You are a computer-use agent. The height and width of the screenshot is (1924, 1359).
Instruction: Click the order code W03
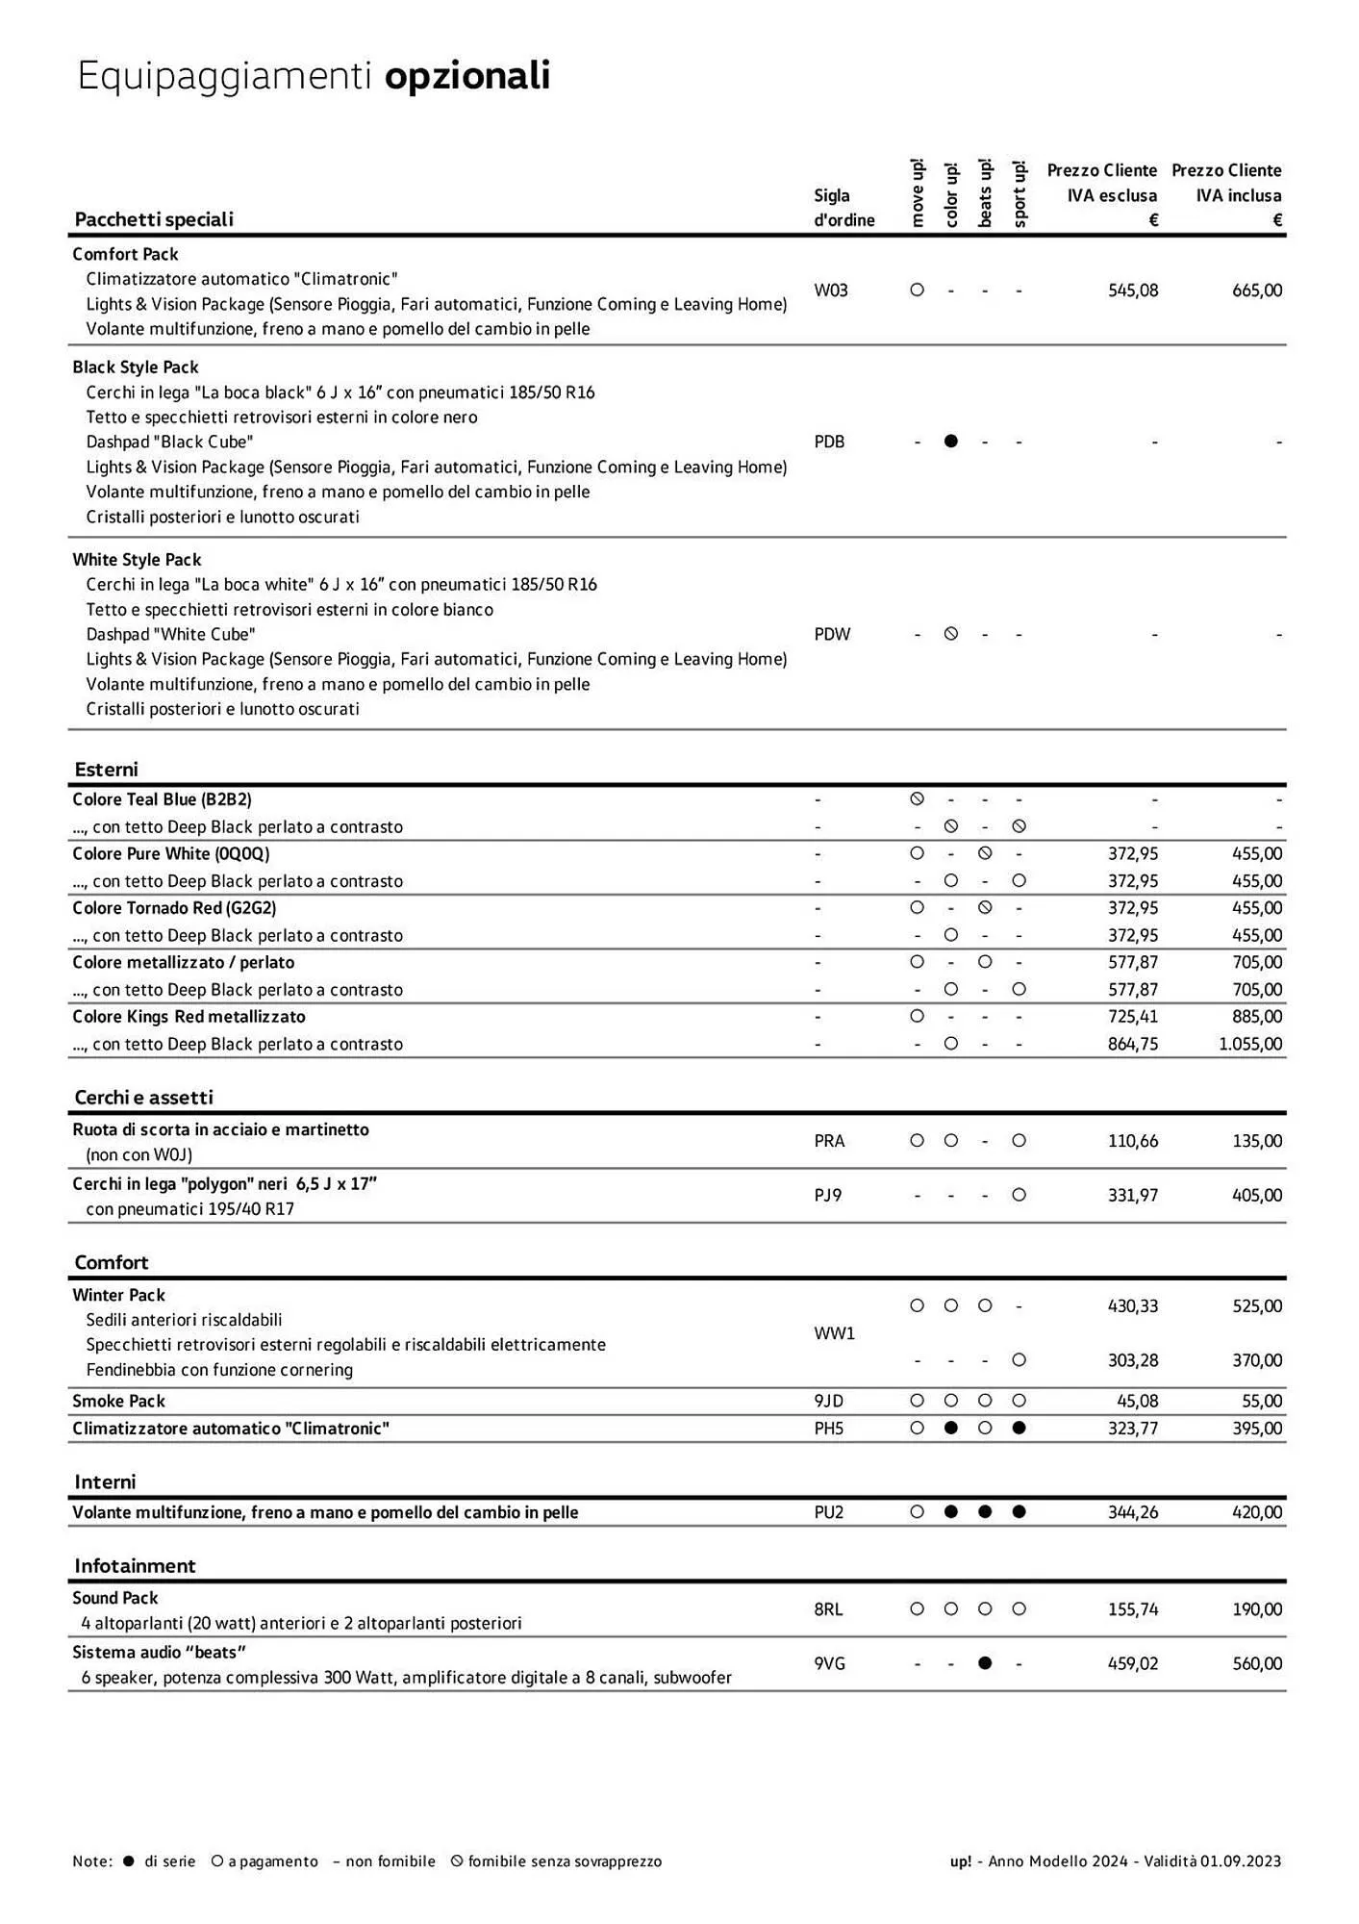[830, 291]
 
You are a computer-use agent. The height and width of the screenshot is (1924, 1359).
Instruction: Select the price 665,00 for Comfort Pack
[1256, 291]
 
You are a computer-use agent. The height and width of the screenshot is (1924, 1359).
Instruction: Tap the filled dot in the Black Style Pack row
[950, 442]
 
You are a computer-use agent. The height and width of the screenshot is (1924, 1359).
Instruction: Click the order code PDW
[832, 634]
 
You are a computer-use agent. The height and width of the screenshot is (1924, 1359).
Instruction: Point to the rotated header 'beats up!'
[985, 193]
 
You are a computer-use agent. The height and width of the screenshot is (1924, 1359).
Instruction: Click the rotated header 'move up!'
[917, 193]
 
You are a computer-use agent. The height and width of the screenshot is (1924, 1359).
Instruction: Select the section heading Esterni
[106, 770]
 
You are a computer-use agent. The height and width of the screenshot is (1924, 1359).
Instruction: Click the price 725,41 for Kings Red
[1132, 1017]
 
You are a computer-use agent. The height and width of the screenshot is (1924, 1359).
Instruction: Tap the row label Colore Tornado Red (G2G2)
[174, 908]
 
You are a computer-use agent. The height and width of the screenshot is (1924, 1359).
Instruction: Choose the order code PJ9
[827, 1195]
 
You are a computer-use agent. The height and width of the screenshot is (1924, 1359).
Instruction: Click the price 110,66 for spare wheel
[1132, 1141]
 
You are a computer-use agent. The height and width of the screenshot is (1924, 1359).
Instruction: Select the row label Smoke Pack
[118, 1401]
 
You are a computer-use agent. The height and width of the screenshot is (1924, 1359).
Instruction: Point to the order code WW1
[834, 1333]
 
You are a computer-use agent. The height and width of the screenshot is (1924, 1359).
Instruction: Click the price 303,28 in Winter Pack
[1132, 1360]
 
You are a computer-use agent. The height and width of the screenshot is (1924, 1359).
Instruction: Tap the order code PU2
[828, 1512]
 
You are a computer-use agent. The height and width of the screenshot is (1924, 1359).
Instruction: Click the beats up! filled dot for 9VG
[984, 1663]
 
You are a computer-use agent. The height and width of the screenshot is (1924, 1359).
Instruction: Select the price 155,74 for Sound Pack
[1132, 1608]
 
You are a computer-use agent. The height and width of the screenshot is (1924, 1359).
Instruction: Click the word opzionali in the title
[467, 76]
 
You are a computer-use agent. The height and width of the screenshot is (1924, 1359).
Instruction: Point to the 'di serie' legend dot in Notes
[129, 1861]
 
